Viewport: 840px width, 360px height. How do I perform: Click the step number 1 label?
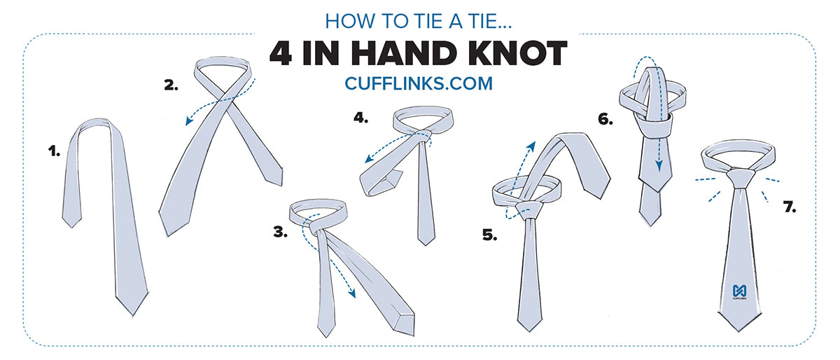(x=53, y=150)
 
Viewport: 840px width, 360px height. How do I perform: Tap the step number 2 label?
(x=171, y=87)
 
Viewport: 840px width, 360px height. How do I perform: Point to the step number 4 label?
(x=360, y=118)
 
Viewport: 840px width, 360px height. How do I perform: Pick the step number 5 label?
(x=489, y=235)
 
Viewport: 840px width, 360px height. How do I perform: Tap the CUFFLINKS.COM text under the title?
(x=419, y=83)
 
